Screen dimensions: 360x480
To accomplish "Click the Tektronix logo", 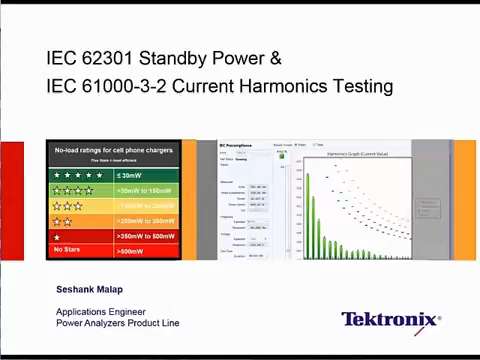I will [390, 320].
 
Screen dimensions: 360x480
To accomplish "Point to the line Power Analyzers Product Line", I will [121, 323].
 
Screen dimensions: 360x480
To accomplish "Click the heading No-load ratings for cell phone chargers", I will [113, 150].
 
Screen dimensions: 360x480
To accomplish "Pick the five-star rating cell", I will [80, 174].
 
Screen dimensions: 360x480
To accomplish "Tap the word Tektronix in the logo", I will [388, 320].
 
